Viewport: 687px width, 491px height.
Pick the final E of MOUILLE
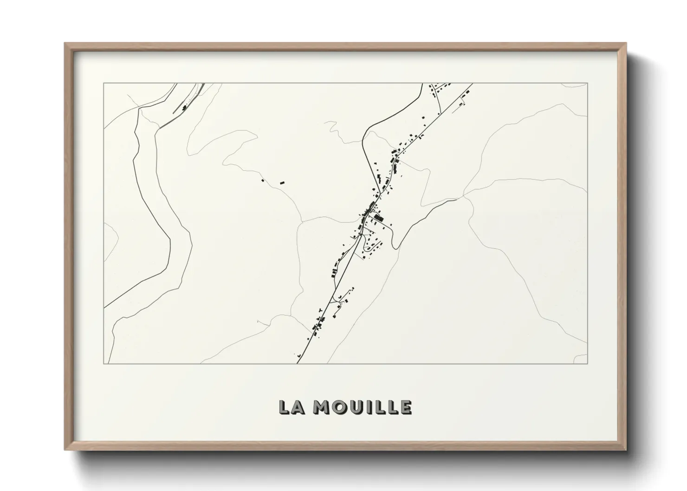(405, 407)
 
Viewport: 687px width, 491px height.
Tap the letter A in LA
(298, 407)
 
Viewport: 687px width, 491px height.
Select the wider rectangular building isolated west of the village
(281, 182)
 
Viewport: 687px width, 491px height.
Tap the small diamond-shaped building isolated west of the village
(263, 180)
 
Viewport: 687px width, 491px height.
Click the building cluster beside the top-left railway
(185, 108)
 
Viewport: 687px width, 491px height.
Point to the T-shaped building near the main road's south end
(319, 309)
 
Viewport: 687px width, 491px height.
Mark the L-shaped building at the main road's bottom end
(299, 356)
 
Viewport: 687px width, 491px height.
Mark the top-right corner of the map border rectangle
(587, 83)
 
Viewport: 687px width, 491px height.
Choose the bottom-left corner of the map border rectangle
(104, 363)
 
